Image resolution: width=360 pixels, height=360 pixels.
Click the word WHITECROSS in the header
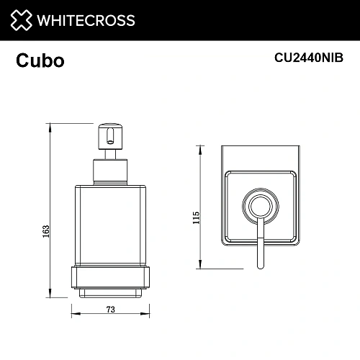coord(85,20)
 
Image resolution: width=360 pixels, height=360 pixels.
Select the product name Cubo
coord(40,61)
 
